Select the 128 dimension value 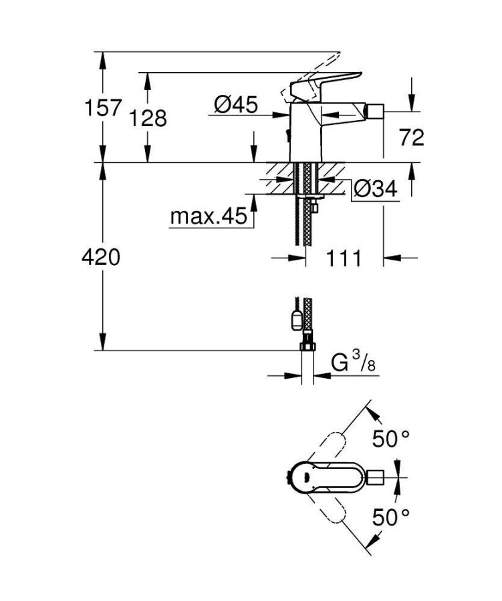pyautogui.click(x=148, y=118)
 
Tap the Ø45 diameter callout pyautogui.click(x=236, y=104)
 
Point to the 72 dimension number pyautogui.click(x=411, y=138)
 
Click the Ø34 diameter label pyautogui.click(x=375, y=190)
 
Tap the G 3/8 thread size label pyautogui.click(x=354, y=365)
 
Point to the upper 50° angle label pyautogui.click(x=392, y=439)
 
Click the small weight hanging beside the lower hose pyautogui.click(x=295, y=319)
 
